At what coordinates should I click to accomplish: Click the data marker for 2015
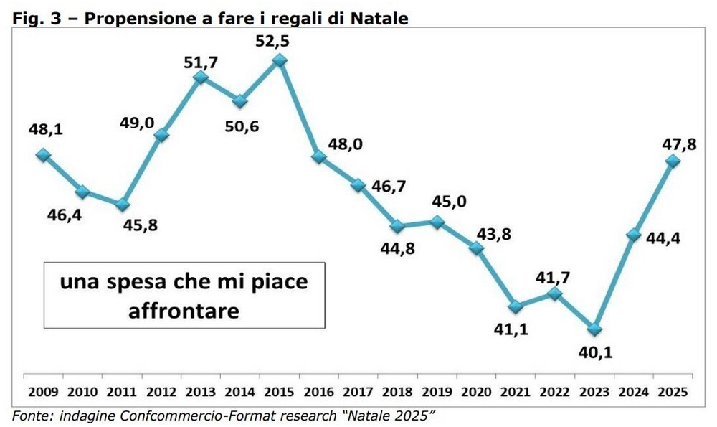pos(280,62)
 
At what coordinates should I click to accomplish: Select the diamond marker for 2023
pos(594,329)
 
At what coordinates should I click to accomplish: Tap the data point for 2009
pos(44,154)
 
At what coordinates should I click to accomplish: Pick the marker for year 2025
pos(673,161)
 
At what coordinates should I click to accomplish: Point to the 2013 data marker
pos(201,78)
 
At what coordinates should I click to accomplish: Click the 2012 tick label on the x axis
pos(161,392)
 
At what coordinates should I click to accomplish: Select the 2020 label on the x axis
pos(476,392)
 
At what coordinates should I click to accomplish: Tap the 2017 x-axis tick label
pos(358,392)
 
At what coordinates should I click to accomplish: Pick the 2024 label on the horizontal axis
pos(633,392)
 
